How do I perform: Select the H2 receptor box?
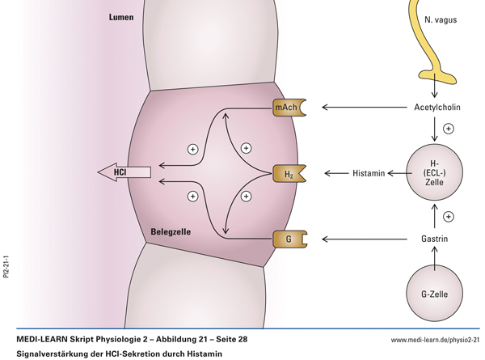289,173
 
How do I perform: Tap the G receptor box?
289,239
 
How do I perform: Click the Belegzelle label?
171,232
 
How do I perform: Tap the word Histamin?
368,173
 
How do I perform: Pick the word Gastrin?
434,239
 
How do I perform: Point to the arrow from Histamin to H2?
336,173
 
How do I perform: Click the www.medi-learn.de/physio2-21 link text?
435,341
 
